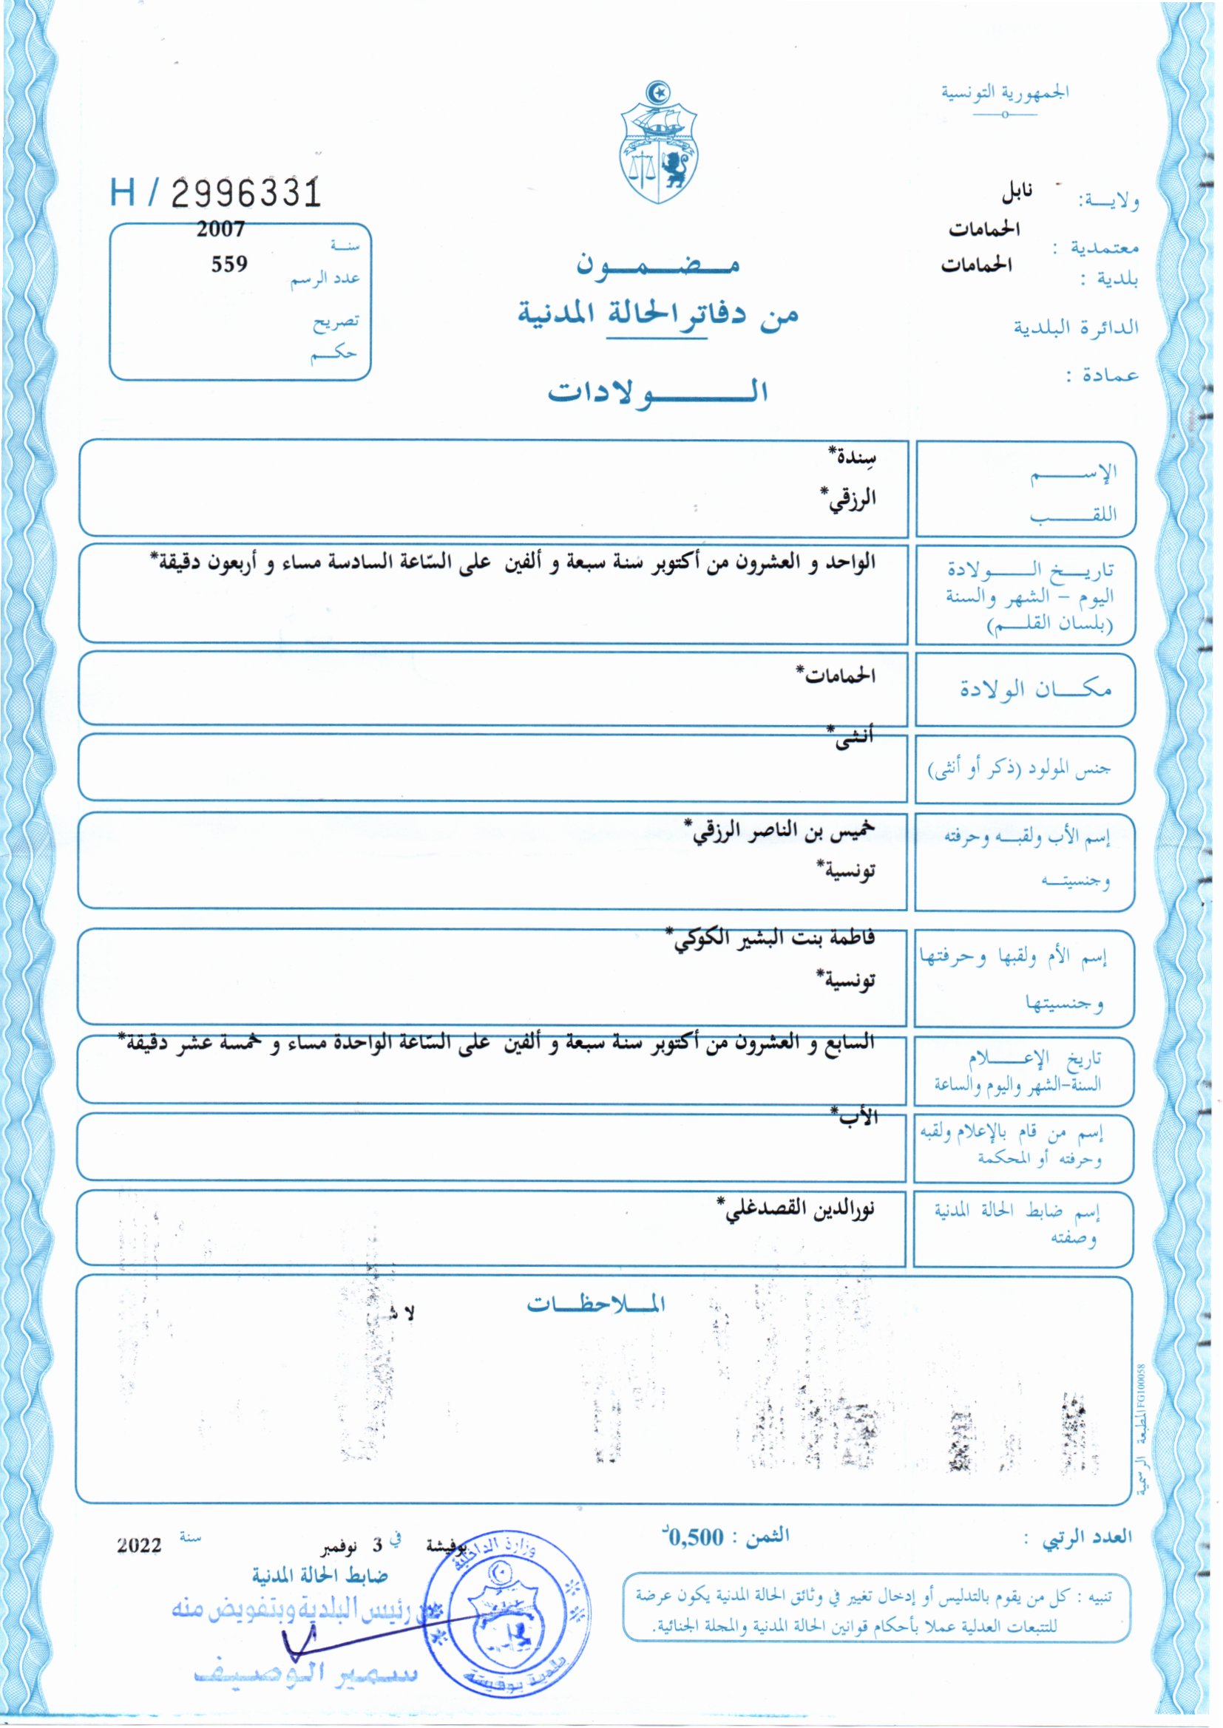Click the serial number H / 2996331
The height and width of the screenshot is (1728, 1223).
(x=216, y=193)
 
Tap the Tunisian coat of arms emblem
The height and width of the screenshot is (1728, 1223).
(x=659, y=143)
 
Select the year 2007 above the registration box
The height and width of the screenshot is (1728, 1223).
(x=220, y=229)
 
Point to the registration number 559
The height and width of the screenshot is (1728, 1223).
(x=229, y=264)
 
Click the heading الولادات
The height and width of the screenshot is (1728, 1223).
(x=657, y=392)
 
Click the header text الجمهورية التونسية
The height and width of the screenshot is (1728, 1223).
(x=1005, y=93)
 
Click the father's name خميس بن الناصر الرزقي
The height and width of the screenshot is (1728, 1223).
(x=780, y=831)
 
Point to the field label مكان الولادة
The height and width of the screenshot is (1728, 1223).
(x=1035, y=689)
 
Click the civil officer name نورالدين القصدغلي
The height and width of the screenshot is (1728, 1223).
(x=796, y=1208)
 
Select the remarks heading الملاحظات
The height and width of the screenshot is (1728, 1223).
(x=596, y=1304)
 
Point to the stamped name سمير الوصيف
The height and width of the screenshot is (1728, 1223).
(x=305, y=1672)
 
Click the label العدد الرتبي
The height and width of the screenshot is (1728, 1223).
(x=1087, y=1537)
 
